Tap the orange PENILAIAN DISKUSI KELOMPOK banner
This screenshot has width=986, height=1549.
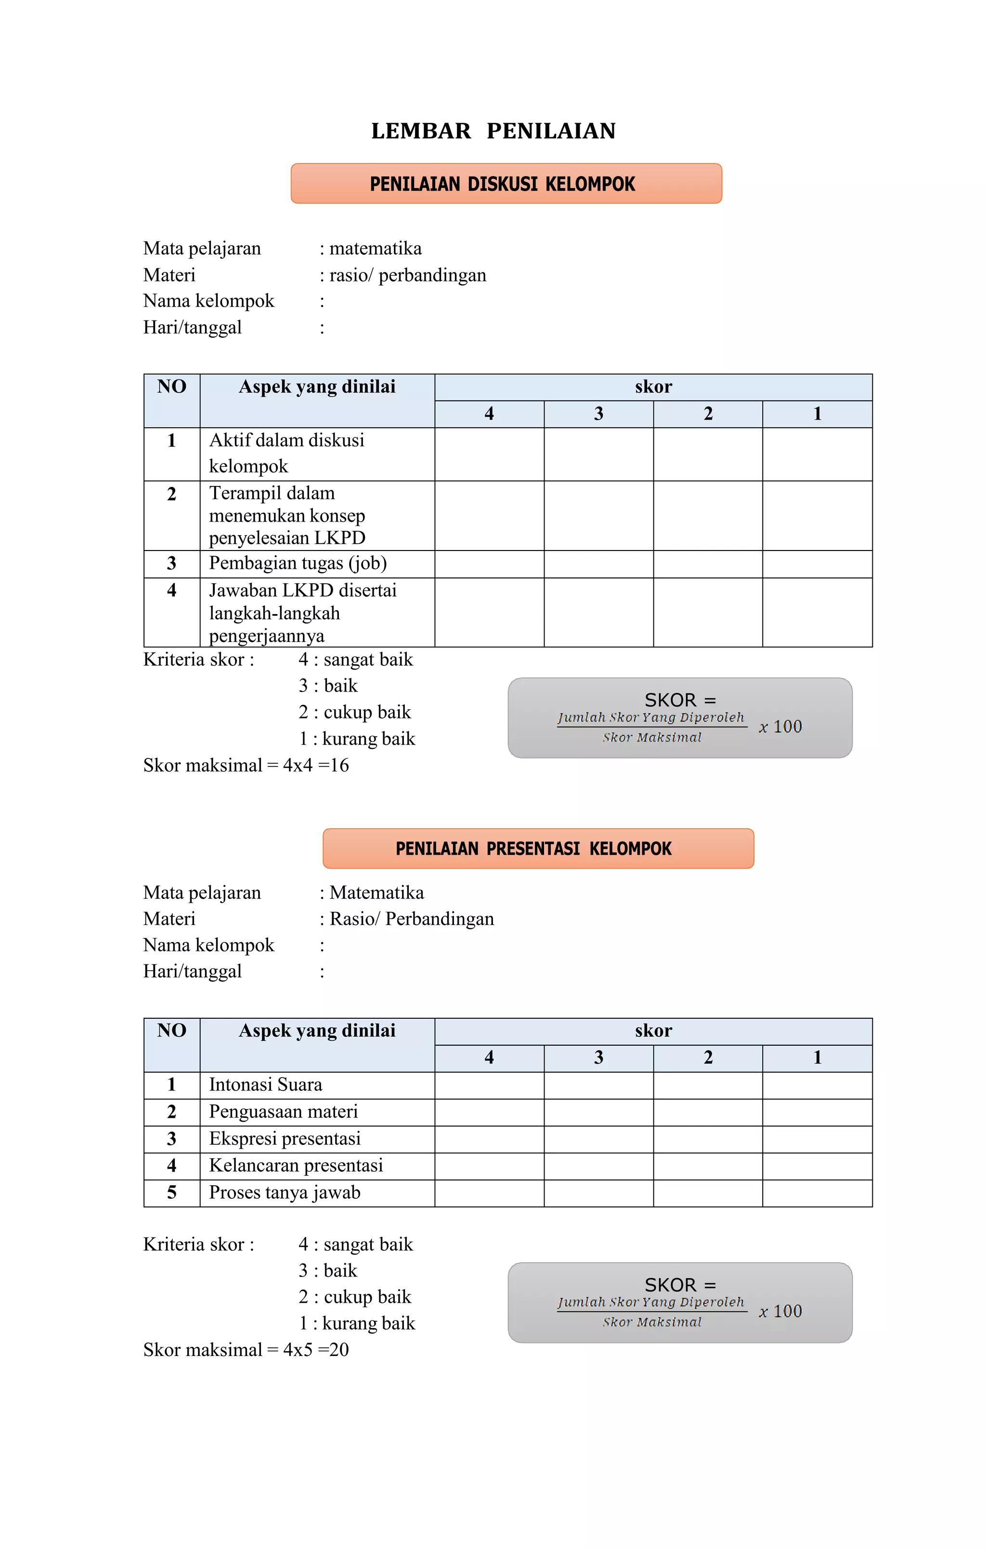click(x=506, y=184)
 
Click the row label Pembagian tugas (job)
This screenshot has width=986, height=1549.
click(x=298, y=563)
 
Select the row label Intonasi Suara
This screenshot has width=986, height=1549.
click(x=265, y=1085)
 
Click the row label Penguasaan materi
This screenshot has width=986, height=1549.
click(x=283, y=1112)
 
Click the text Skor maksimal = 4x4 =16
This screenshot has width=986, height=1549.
click(x=246, y=766)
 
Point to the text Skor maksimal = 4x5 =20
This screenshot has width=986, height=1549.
click(x=246, y=1350)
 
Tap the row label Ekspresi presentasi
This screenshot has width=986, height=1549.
click(x=285, y=1139)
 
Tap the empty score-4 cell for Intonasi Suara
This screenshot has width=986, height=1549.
click(x=489, y=1085)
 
